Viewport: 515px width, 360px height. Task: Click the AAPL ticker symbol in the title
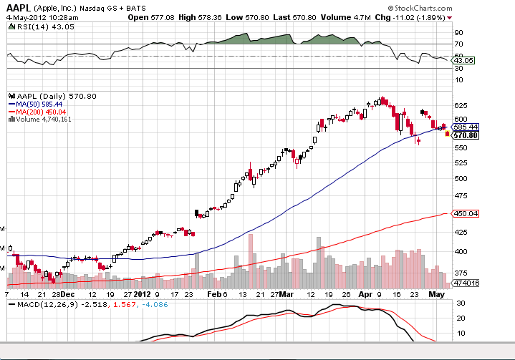tap(19, 6)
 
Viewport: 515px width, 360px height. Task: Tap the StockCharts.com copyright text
tap(475, 7)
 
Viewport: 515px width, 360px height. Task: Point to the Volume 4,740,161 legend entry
tap(44, 120)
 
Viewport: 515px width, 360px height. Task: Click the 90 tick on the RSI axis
tap(459, 32)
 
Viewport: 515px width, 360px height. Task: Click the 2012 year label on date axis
tap(143, 293)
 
